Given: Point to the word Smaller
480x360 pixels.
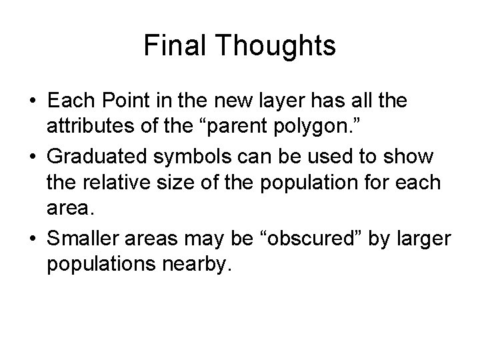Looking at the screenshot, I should (x=85, y=237).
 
